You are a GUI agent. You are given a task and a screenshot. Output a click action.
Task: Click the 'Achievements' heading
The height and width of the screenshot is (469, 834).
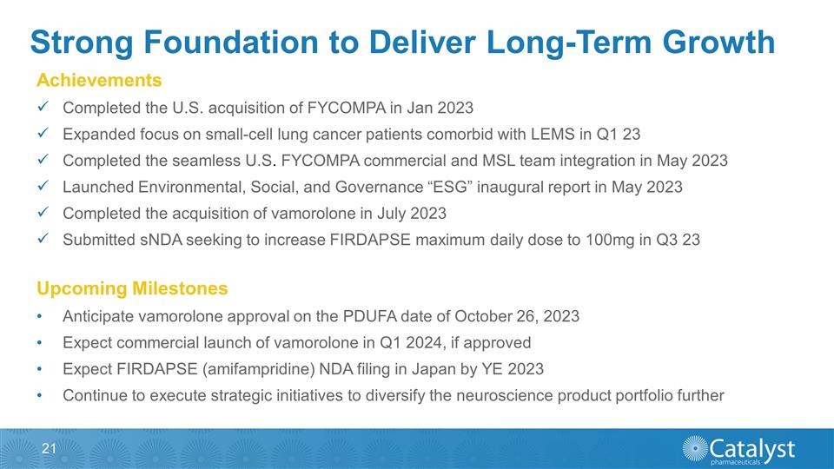[99, 81]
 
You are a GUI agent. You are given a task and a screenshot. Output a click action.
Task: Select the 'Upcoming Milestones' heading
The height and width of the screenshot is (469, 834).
[132, 288]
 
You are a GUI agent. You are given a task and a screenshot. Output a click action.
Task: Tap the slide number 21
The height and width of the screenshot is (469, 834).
[48, 448]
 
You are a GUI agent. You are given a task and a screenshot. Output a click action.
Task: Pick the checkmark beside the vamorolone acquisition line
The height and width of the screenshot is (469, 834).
[43, 213]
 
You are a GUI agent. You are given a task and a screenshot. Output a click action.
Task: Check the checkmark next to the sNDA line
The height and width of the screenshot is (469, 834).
[43, 239]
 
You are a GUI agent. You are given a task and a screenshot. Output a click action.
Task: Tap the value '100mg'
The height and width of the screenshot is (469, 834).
[609, 239]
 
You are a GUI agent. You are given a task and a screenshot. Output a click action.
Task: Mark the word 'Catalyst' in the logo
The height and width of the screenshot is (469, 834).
[752, 446]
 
